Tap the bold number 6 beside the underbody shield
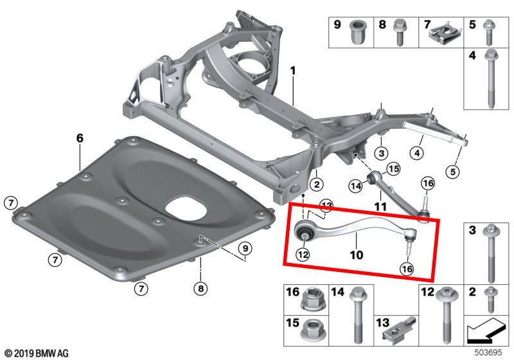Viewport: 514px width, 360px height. coord(80,138)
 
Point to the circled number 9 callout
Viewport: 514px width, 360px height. coord(245,248)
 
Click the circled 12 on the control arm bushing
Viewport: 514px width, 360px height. coord(303,254)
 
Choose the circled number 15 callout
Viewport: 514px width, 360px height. coord(393,169)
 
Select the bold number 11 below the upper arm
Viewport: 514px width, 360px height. coord(380,207)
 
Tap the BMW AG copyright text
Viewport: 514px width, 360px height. coord(36,353)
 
